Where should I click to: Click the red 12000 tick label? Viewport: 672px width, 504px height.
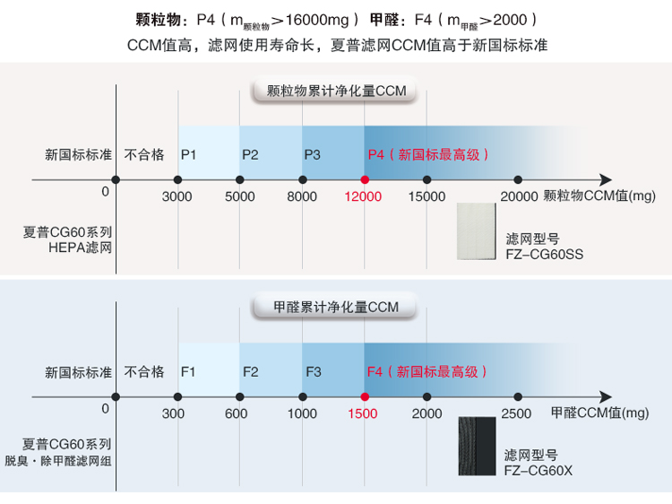[363, 196]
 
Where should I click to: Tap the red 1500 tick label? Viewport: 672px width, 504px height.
[363, 413]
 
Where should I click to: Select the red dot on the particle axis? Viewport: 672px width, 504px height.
[365, 179]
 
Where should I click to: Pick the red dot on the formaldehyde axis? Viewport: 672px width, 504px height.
[365, 396]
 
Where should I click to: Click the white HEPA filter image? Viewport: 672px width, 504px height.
[476, 231]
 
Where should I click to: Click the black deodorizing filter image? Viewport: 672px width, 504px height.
[477, 446]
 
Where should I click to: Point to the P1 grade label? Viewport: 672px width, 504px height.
[188, 154]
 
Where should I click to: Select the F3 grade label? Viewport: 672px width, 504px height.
[314, 371]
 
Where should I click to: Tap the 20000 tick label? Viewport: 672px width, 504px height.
[519, 196]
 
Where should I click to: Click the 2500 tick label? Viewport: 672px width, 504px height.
[516, 413]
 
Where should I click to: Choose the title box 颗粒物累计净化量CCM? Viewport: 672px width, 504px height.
[336, 91]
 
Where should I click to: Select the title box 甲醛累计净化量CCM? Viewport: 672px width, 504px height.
[336, 307]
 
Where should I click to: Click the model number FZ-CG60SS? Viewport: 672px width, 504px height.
[544, 255]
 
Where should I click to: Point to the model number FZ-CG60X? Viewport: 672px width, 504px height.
[538, 471]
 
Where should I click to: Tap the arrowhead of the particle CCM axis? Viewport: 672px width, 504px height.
[606, 179]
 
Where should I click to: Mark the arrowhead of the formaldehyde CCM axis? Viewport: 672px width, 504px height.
[606, 396]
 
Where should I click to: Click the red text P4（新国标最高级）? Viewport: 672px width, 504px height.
[428, 154]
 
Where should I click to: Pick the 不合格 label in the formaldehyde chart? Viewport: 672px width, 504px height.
[144, 371]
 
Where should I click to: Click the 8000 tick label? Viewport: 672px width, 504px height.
[302, 196]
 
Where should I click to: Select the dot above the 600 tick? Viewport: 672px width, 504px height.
[240, 396]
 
